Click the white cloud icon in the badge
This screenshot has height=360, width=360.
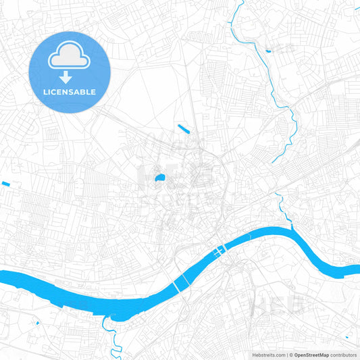pyautogui.click(x=70, y=59)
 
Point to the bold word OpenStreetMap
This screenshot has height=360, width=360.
pyautogui.click(x=311, y=354)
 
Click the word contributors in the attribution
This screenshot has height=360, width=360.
pyautogui.click(x=344, y=354)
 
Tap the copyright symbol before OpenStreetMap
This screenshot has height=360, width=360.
pyautogui.click(x=291, y=354)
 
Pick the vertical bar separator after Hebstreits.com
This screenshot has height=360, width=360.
pyautogui.click(x=286, y=354)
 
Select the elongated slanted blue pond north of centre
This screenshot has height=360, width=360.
pyautogui.click(x=183, y=128)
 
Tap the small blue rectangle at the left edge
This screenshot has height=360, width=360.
pyautogui.click(x=6, y=184)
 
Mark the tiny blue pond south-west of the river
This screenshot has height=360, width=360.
pyautogui.click(x=37, y=324)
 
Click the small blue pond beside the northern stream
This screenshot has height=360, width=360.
pyautogui.click(x=268, y=50)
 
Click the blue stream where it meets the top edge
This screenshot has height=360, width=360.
pyautogui.click(x=241, y=2)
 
